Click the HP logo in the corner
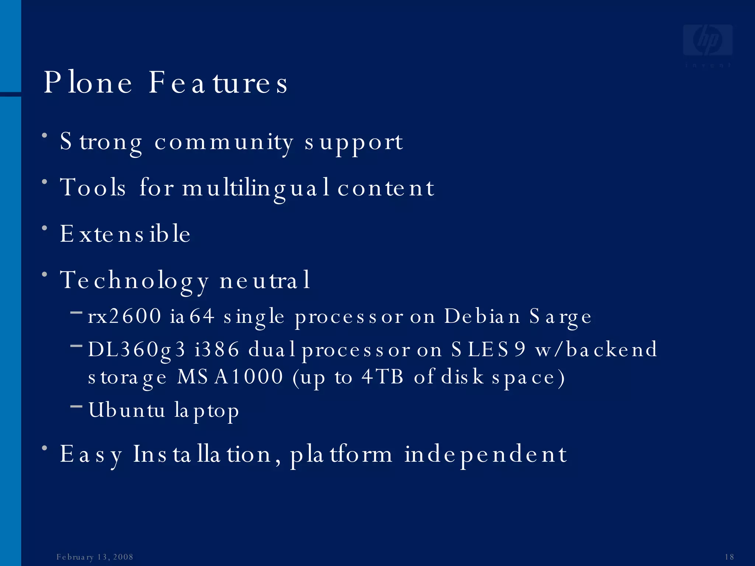click(707, 41)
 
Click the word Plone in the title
click(88, 83)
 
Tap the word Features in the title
click(218, 83)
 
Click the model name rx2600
click(125, 316)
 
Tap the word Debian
click(482, 316)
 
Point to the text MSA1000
click(230, 377)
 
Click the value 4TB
click(382, 377)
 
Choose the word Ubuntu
click(126, 410)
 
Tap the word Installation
click(202, 454)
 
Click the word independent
click(486, 455)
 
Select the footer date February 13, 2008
click(95, 557)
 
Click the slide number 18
click(729, 557)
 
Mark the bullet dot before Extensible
click(45, 228)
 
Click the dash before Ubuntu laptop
click(76, 406)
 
